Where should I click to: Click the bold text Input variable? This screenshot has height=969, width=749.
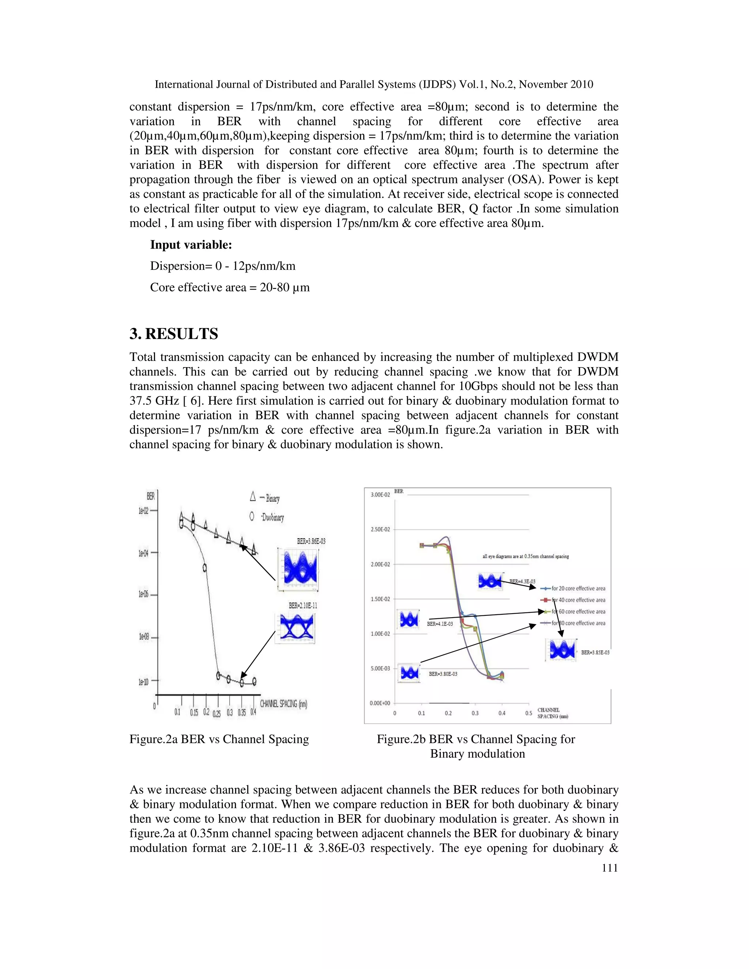pyautogui.click(x=191, y=245)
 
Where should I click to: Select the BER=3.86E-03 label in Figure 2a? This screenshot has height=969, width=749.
pyautogui.click(x=311, y=541)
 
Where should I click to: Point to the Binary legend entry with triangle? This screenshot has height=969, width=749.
pyautogui.click(x=265, y=498)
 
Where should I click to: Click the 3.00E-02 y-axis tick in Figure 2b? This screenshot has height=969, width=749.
pyautogui.click(x=380, y=495)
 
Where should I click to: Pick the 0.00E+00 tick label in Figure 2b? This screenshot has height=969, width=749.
pyautogui.click(x=380, y=703)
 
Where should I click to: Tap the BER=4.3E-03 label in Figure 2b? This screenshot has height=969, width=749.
pyautogui.click(x=522, y=581)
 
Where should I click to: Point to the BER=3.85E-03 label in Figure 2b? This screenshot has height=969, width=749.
pyautogui.click(x=595, y=653)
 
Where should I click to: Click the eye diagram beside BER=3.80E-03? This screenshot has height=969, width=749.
pyautogui.click(x=409, y=674)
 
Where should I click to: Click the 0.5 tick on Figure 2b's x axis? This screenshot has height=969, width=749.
pyautogui.click(x=528, y=713)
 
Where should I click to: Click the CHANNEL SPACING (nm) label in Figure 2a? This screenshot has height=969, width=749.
pyautogui.click(x=283, y=704)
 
